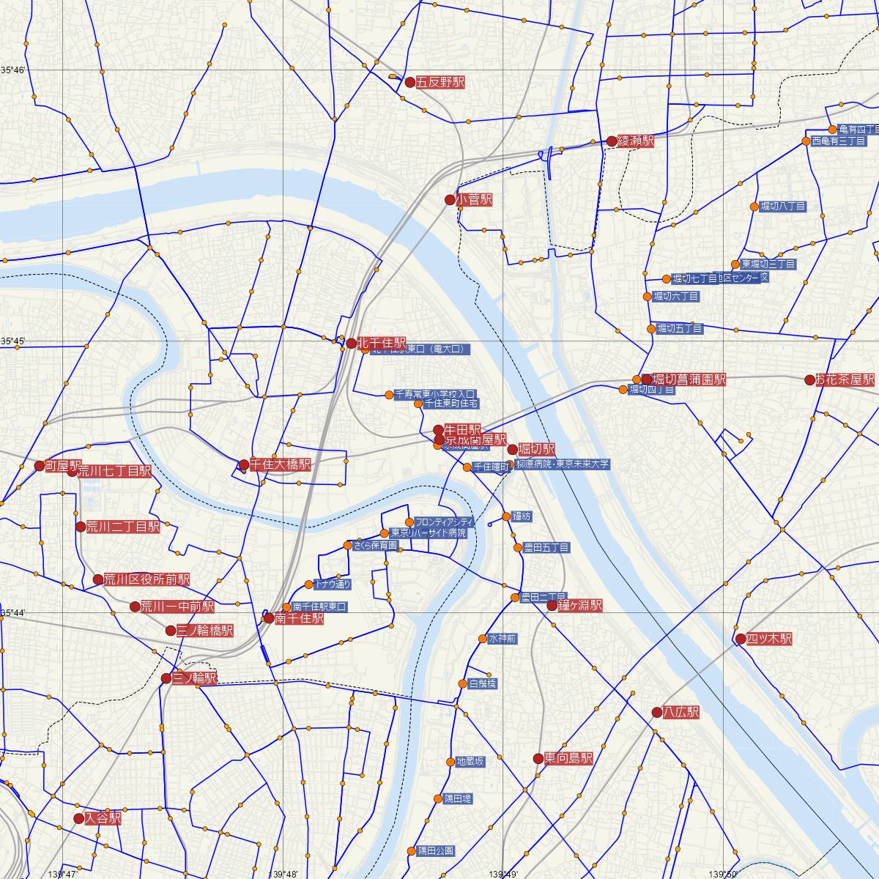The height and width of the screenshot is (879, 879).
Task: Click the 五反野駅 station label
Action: pyautogui.click(x=440, y=83)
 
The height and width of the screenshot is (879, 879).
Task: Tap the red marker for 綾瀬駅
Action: pyautogui.click(x=612, y=141)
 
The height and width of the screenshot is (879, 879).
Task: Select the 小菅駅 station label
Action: pyautogui.click(x=474, y=200)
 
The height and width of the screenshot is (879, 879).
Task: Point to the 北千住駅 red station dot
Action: pyautogui.click(x=352, y=344)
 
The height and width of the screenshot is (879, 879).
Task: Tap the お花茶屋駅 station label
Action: pyautogui.click(x=846, y=380)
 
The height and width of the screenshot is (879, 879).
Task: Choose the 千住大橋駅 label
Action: pyautogui.click(x=281, y=465)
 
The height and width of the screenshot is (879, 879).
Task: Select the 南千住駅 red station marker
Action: pyautogui.click(x=270, y=618)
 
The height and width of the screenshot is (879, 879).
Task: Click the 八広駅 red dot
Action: pyautogui.click(x=657, y=712)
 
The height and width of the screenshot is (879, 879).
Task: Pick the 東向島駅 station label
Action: pyautogui.click(x=568, y=759)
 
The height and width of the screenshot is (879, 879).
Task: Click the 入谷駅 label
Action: pyautogui.click(x=103, y=819)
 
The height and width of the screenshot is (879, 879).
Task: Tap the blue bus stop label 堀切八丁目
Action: pyautogui.click(x=782, y=207)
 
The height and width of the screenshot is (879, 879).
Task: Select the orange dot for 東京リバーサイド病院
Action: pyautogui.click(x=385, y=533)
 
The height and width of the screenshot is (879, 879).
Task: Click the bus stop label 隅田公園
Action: pyautogui.click(x=435, y=851)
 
